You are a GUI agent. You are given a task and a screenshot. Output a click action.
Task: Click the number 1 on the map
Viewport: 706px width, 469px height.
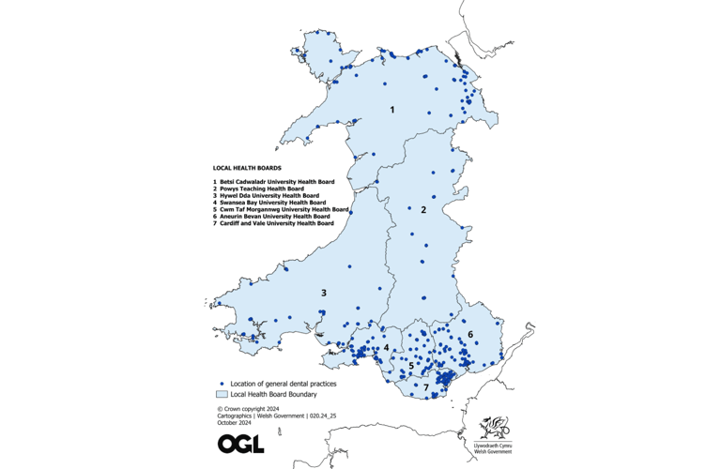point(392,111)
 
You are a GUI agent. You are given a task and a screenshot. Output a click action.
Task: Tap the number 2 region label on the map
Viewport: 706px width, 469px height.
point(423,210)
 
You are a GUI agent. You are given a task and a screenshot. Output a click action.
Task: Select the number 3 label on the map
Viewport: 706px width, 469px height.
point(324,293)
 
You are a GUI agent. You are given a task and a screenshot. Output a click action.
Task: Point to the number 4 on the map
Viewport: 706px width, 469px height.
point(386,347)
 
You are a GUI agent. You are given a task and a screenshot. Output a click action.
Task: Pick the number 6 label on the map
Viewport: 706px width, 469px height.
point(471,333)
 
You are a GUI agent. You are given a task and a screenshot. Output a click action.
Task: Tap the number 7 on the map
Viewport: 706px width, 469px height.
point(425,386)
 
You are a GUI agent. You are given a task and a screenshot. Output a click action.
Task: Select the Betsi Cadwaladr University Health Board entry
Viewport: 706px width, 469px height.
point(274,182)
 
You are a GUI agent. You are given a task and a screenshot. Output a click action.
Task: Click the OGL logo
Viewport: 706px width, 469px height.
point(240,443)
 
